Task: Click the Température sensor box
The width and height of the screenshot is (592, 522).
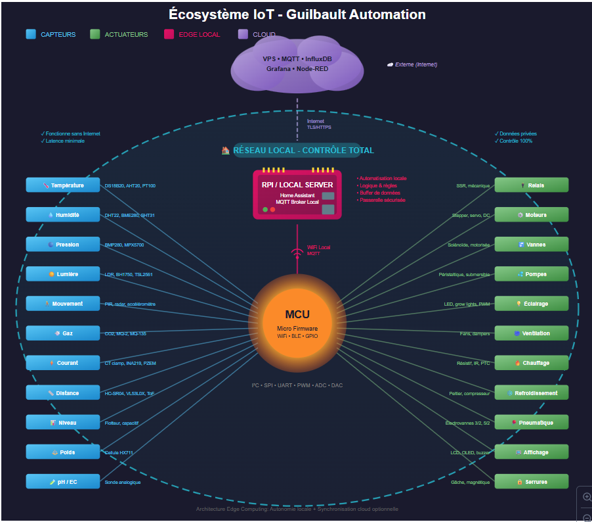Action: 63,185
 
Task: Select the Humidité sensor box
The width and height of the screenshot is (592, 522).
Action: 63,215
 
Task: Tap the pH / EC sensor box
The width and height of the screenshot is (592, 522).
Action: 63,482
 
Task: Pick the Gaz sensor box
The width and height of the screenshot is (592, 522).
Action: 63,333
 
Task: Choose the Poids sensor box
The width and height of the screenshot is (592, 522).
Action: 63,452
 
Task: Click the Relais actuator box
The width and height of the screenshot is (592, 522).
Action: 532,185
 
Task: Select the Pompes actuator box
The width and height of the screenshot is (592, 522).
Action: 532,274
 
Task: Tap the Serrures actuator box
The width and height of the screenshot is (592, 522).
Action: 532,482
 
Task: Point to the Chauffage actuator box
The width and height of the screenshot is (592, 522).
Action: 532,363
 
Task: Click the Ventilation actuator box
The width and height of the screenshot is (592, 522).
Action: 532,333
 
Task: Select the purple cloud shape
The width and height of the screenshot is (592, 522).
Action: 297,64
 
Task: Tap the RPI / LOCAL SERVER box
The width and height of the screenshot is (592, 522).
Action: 297,194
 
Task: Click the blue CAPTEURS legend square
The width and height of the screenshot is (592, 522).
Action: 31,34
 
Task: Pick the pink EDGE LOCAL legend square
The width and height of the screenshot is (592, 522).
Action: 169,34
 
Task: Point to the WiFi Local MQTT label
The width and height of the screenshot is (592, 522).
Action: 318,250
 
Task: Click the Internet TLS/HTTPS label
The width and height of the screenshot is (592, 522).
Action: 319,124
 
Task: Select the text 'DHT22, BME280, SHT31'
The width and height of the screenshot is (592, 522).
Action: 130,216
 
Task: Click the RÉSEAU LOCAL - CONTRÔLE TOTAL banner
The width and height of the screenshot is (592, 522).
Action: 297,151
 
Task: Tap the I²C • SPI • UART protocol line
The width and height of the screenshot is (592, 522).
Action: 297,385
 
